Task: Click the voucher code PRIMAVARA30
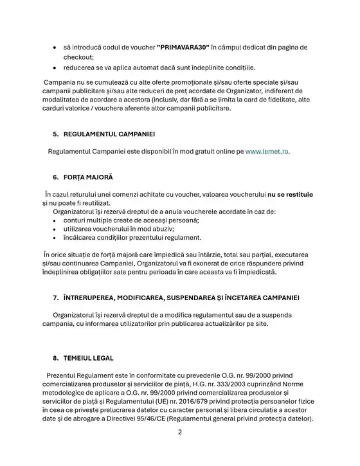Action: pyautogui.click(x=184, y=48)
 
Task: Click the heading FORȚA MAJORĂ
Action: pyautogui.click(x=87, y=176)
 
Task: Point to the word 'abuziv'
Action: pyautogui.click(x=161, y=229)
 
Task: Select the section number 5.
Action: pyautogui.click(x=55, y=134)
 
